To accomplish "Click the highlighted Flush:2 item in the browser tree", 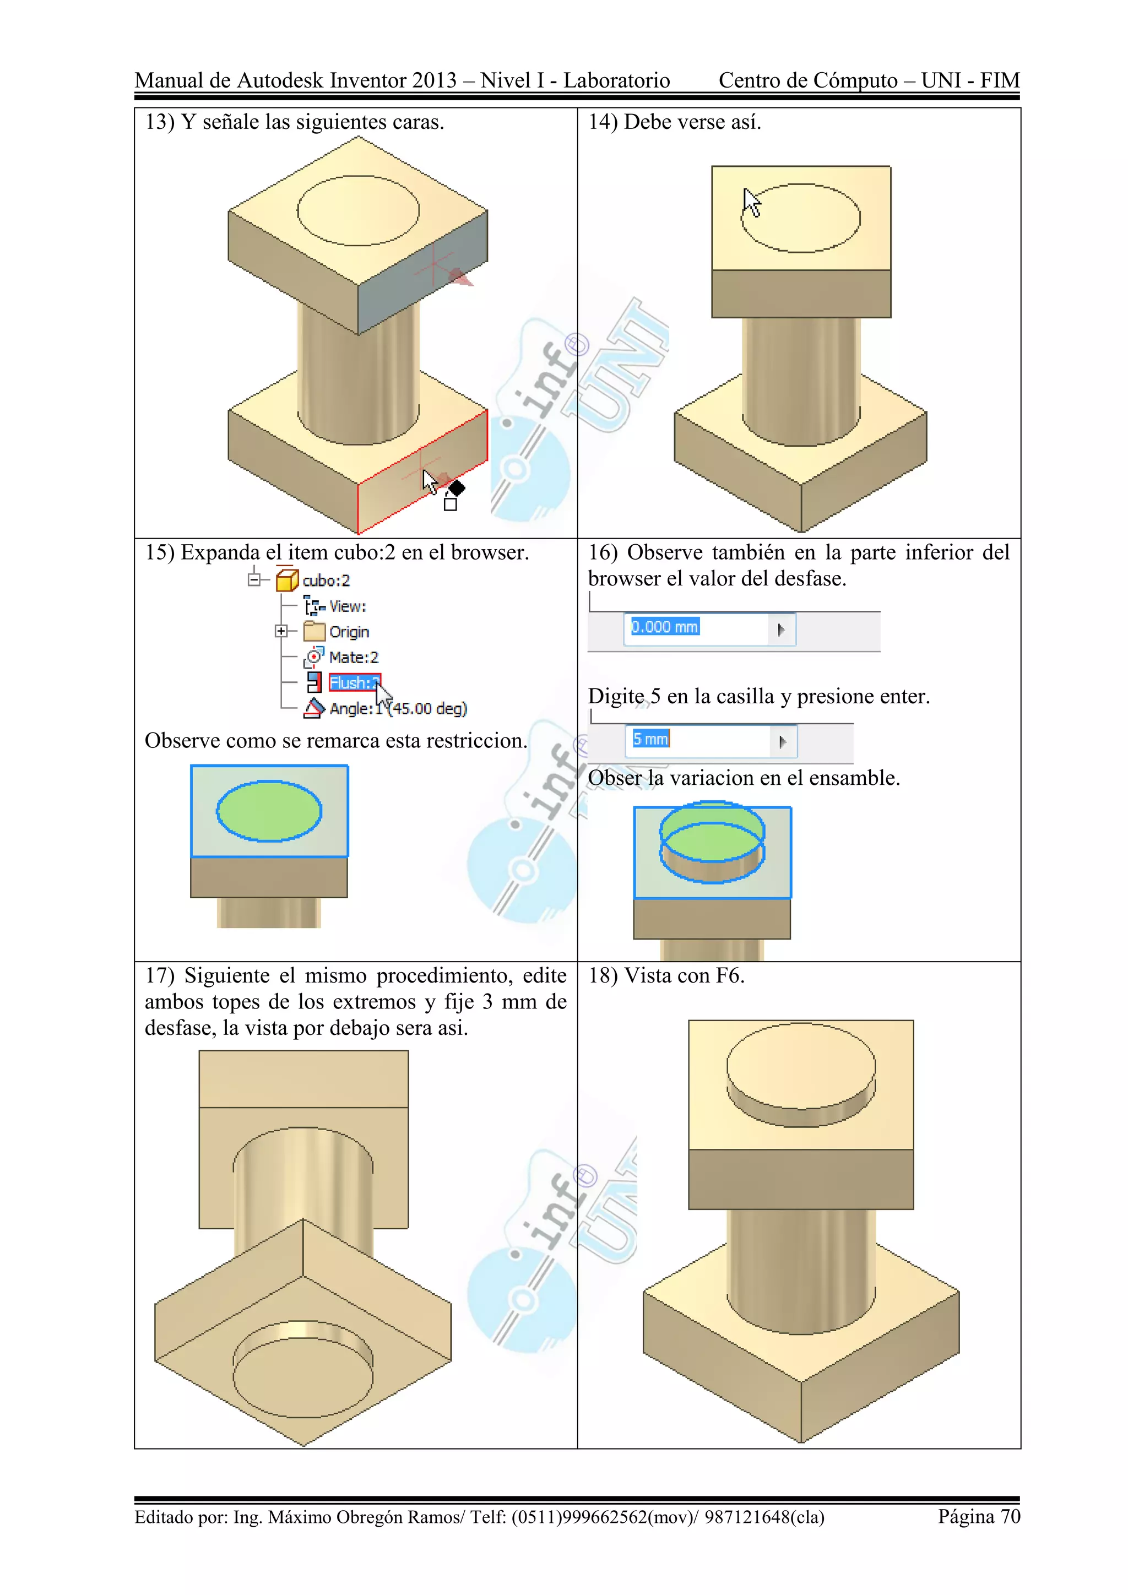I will coord(354,683).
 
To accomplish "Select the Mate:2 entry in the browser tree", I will coord(353,657).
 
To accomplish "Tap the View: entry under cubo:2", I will coord(346,606).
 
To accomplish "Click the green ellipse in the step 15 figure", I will coord(269,811).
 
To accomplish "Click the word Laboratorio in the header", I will coord(616,80).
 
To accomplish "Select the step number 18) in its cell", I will coord(602,976).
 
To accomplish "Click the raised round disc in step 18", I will coord(800,1066).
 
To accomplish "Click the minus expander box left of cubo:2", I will coord(255,579).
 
